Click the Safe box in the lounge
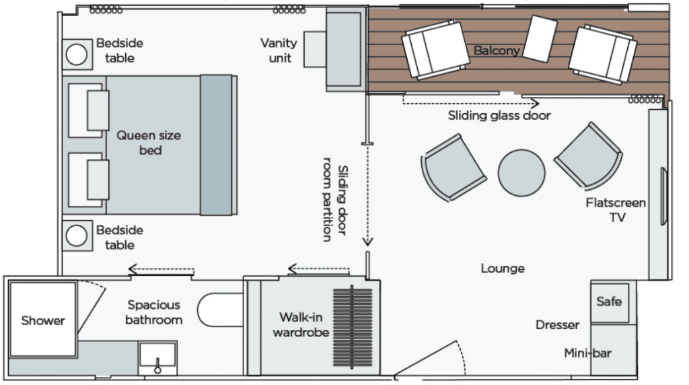(609, 302)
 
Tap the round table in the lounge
(521, 172)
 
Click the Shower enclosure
(42, 320)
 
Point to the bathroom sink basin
(157, 356)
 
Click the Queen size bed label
(149, 143)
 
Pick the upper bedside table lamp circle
(76, 55)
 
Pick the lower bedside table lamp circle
(76, 236)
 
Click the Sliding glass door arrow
(471, 104)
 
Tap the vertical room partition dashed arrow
(367, 195)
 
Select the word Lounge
(503, 269)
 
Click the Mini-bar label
(588, 353)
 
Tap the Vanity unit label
(279, 50)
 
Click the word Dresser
(557, 325)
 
